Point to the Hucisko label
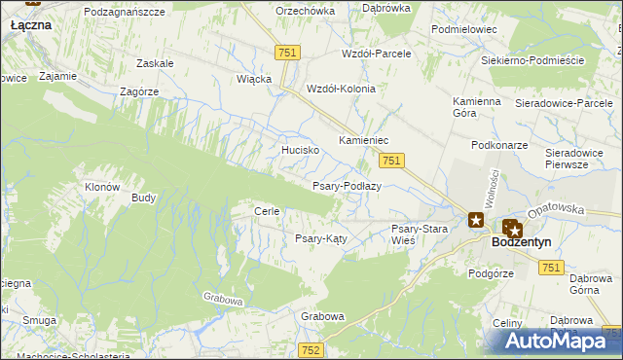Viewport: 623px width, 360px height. click(301, 151)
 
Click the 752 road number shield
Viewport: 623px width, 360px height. click(311, 349)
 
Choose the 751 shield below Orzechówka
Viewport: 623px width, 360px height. click(286, 54)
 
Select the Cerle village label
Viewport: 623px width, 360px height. click(267, 211)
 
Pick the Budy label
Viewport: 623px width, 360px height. click(143, 198)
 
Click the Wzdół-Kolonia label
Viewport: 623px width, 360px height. click(341, 88)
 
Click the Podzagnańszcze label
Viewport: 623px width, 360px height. click(138, 10)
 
